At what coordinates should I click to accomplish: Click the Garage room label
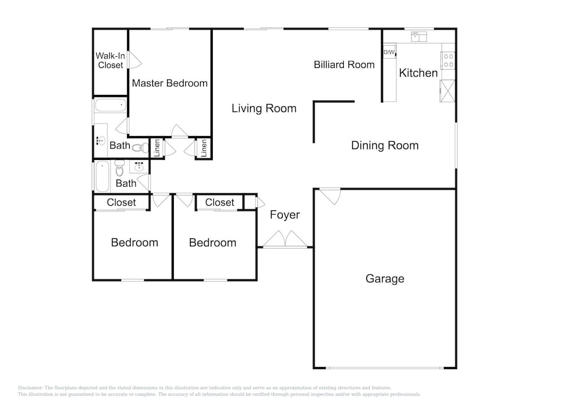coord(385,279)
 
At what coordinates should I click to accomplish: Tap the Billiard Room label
coord(344,65)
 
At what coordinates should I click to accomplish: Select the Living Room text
coord(264,109)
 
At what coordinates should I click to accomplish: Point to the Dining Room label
coord(385,145)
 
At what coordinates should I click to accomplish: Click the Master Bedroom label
coord(170,83)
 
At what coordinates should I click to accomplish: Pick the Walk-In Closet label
coord(110,61)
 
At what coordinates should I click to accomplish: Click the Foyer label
coord(285,214)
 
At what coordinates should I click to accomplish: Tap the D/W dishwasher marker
coord(389,52)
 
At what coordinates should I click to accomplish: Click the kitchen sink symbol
coord(419,37)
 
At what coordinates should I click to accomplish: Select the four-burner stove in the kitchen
coord(448,61)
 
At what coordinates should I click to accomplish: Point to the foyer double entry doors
coord(285,239)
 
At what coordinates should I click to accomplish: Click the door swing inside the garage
coord(330,197)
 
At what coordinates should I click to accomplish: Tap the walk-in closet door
coord(134,60)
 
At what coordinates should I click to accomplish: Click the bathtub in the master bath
coord(111,106)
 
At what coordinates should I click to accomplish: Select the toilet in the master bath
coord(140,148)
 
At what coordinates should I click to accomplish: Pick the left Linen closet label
coord(157,148)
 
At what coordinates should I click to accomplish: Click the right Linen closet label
coord(204,148)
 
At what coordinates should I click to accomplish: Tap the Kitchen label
coord(418,73)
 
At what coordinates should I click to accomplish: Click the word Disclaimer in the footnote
coord(30,387)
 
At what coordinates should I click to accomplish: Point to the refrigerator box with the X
coord(448,91)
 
